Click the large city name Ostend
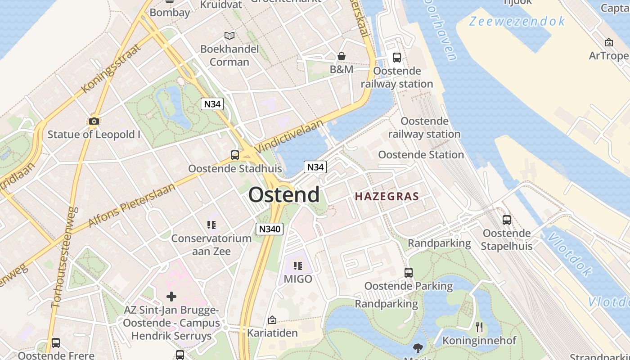284,195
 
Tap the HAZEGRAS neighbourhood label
387,197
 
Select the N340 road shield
270,229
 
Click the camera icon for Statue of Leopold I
94,121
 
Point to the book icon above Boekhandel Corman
229,36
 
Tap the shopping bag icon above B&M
342,56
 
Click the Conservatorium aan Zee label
211,244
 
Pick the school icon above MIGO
297,266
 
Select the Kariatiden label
272,333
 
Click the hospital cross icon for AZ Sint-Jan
171,297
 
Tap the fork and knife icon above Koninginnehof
479,327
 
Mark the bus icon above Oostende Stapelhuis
507,220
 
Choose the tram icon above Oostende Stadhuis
235,155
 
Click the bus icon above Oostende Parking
409,273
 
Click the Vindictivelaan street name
289,136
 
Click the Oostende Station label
421,155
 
